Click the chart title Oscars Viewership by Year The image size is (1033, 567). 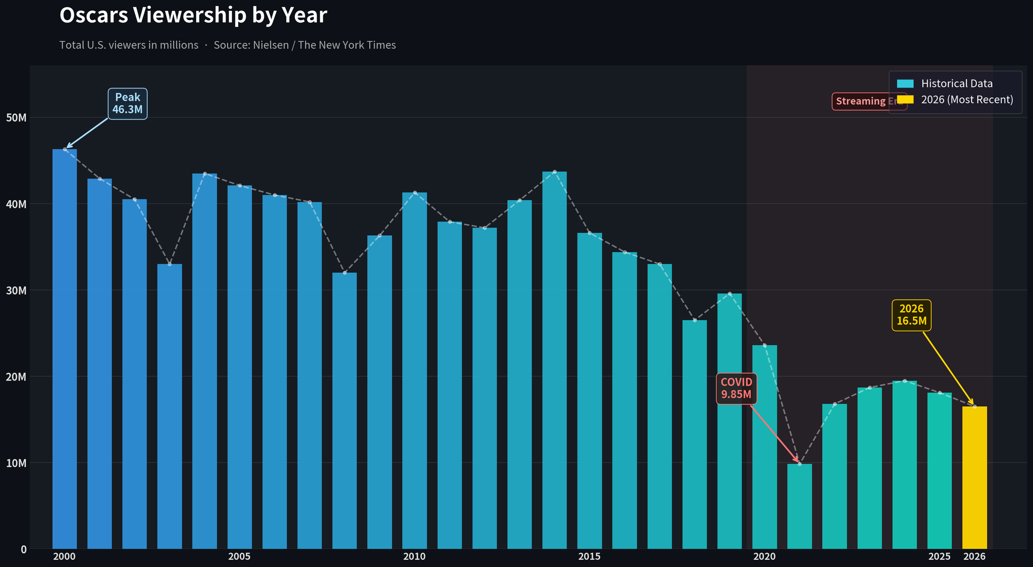(x=193, y=16)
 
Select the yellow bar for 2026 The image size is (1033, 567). (x=974, y=478)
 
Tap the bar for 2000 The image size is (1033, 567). (x=65, y=349)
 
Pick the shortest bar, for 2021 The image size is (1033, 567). (x=800, y=507)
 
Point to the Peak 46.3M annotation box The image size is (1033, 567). (x=128, y=103)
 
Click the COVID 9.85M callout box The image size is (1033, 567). (x=737, y=388)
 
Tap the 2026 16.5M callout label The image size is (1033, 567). (x=911, y=315)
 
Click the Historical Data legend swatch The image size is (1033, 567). (x=905, y=84)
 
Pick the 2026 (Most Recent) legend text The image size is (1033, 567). (x=967, y=100)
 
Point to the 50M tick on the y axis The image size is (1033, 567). (x=17, y=118)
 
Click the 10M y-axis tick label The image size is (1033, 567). (x=17, y=463)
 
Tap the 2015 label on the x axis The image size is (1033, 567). (x=589, y=557)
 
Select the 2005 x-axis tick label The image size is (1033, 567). (x=239, y=557)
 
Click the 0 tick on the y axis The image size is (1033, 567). (x=24, y=549)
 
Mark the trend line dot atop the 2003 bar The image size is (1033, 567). (x=169, y=264)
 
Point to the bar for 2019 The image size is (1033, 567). (x=729, y=421)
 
